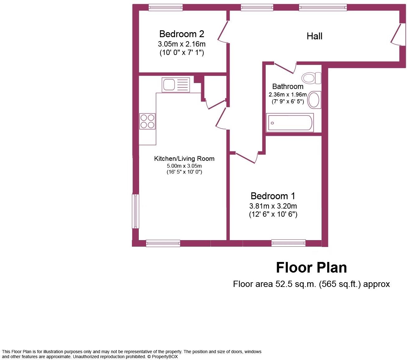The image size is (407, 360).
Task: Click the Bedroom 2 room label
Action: [x=182, y=34]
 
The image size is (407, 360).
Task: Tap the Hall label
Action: [x=314, y=36]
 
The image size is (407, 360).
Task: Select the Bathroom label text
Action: [x=288, y=86]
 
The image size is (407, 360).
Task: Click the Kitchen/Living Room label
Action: [x=184, y=159]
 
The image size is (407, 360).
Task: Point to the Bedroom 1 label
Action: [x=273, y=196]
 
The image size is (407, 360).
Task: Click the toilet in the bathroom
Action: [x=311, y=78]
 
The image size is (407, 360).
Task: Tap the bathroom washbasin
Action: [x=314, y=100]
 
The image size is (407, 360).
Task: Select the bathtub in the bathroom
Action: [x=289, y=123]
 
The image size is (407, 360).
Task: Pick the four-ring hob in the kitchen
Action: [x=147, y=121]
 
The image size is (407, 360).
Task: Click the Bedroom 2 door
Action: [x=223, y=31]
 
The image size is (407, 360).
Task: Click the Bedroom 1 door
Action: [x=246, y=158]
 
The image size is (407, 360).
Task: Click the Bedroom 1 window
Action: [x=288, y=243]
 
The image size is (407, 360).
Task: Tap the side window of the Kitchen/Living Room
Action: [x=135, y=211]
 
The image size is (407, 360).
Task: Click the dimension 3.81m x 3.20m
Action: [x=273, y=206]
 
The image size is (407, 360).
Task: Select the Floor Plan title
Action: [x=311, y=268]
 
